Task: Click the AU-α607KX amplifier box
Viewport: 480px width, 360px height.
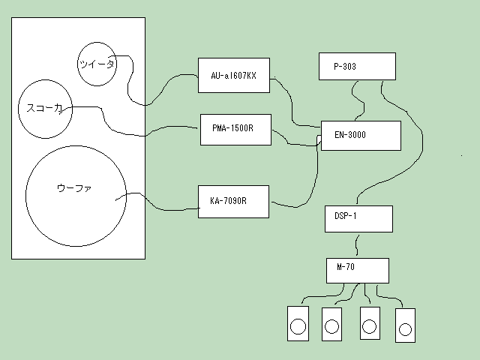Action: click(x=233, y=75)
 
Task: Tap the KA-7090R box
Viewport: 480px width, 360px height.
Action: click(x=233, y=202)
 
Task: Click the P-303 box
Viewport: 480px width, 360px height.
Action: click(x=357, y=66)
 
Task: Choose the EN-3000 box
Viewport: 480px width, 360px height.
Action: click(x=361, y=135)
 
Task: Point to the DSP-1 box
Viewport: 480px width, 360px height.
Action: click(x=358, y=219)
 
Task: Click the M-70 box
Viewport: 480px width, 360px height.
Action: click(x=358, y=271)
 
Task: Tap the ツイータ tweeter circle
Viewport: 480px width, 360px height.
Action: click(x=97, y=64)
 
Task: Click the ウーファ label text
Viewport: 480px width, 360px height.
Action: click(x=74, y=187)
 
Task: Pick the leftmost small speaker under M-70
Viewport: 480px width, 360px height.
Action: click(x=298, y=323)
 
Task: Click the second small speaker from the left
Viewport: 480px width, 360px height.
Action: click(x=331, y=323)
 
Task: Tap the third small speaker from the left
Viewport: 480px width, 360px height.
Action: click(x=369, y=323)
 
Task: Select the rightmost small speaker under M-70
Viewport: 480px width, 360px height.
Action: click(x=405, y=325)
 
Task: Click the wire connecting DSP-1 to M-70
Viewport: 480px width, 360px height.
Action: click(x=358, y=245)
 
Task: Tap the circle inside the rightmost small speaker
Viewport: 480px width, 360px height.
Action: click(x=406, y=328)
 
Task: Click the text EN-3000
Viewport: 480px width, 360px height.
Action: click(x=350, y=135)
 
